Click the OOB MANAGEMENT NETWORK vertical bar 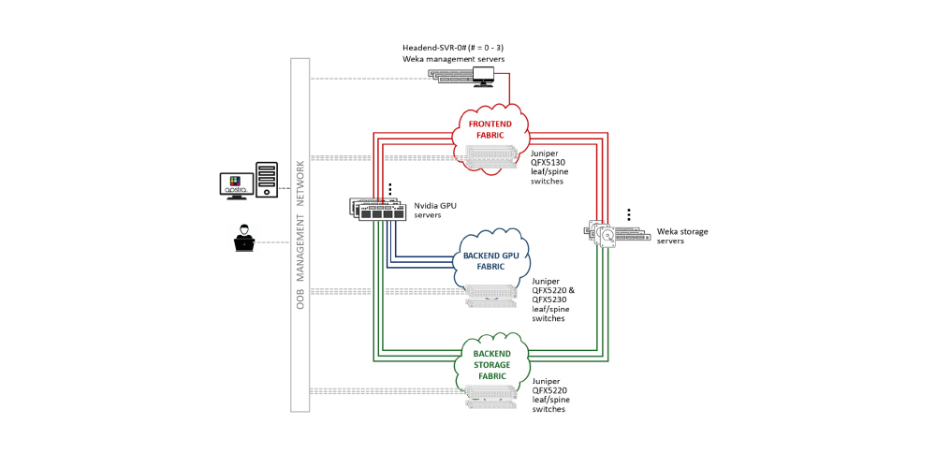click(300, 234)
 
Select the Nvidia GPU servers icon click(378, 210)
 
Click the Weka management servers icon click(465, 75)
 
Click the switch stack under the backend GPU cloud click(491, 295)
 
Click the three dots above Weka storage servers click(629, 214)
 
